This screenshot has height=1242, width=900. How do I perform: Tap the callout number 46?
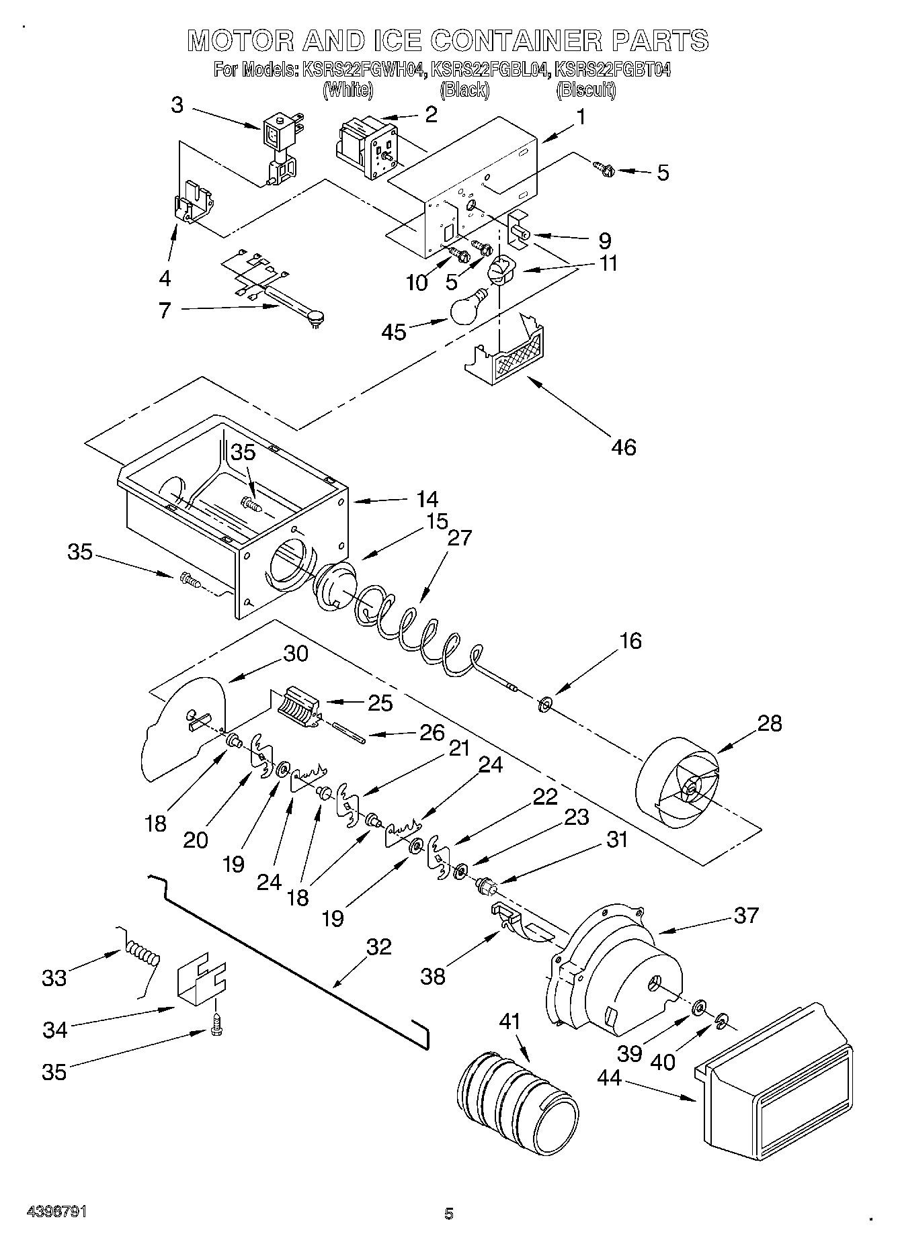[x=624, y=447]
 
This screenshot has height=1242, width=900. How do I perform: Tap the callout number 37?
[x=746, y=915]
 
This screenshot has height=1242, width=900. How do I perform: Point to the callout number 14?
[x=427, y=499]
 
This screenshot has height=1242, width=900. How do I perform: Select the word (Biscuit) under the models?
[x=585, y=89]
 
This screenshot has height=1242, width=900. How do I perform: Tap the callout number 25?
[x=380, y=703]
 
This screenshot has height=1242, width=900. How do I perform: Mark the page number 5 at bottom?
[x=449, y=1213]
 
